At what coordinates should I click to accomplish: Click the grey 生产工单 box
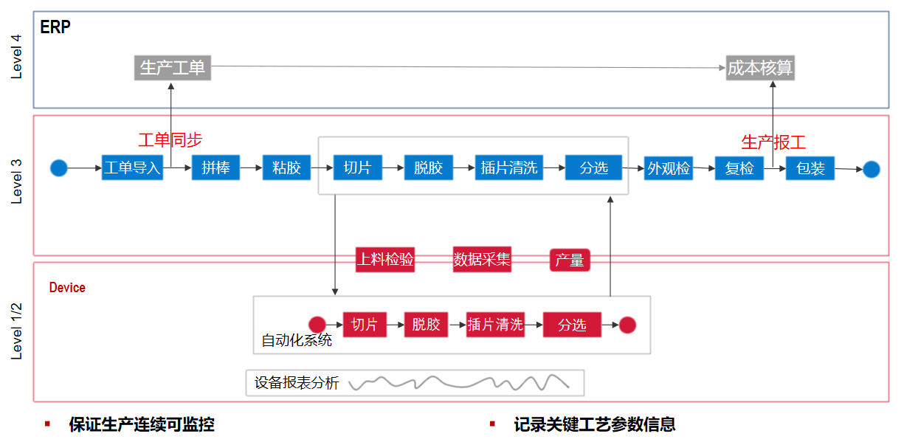click(173, 68)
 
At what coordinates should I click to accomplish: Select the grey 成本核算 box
click(760, 68)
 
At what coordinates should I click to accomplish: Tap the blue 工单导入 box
click(132, 168)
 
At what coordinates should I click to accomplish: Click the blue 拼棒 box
click(216, 168)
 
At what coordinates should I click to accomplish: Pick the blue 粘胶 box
click(286, 168)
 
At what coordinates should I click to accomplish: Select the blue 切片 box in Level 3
click(357, 168)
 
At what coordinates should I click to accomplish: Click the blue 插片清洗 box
click(509, 168)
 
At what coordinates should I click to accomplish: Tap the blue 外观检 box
click(668, 168)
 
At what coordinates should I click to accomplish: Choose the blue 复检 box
click(739, 168)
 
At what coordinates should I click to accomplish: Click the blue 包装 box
click(810, 168)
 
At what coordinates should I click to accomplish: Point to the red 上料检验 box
click(384, 259)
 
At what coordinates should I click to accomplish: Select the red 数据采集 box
click(482, 259)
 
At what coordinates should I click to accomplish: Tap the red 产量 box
click(570, 260)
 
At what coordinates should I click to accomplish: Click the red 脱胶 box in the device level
click(426, 325)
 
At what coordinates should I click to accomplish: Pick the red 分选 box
click(572, 325)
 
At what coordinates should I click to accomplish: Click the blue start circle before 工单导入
click(59, 168)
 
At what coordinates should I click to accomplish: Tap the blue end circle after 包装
click(872, 169)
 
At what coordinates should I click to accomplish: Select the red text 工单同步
click(170, 140)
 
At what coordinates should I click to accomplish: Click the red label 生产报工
click(773, 142)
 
